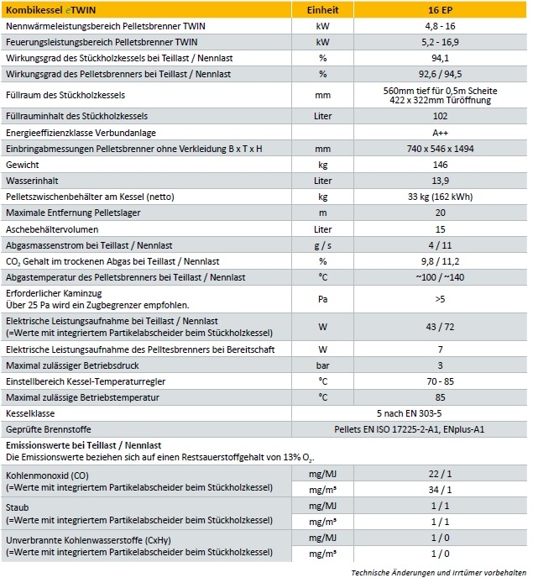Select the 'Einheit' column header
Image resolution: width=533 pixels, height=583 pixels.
(322, 10)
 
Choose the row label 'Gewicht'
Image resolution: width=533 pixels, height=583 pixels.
(23, 165)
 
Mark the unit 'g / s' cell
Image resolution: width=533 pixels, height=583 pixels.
(322, 244)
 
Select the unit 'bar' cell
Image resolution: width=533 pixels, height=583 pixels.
(322, 365)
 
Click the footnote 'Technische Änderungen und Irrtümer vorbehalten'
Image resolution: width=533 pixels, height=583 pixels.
(439, 574)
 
